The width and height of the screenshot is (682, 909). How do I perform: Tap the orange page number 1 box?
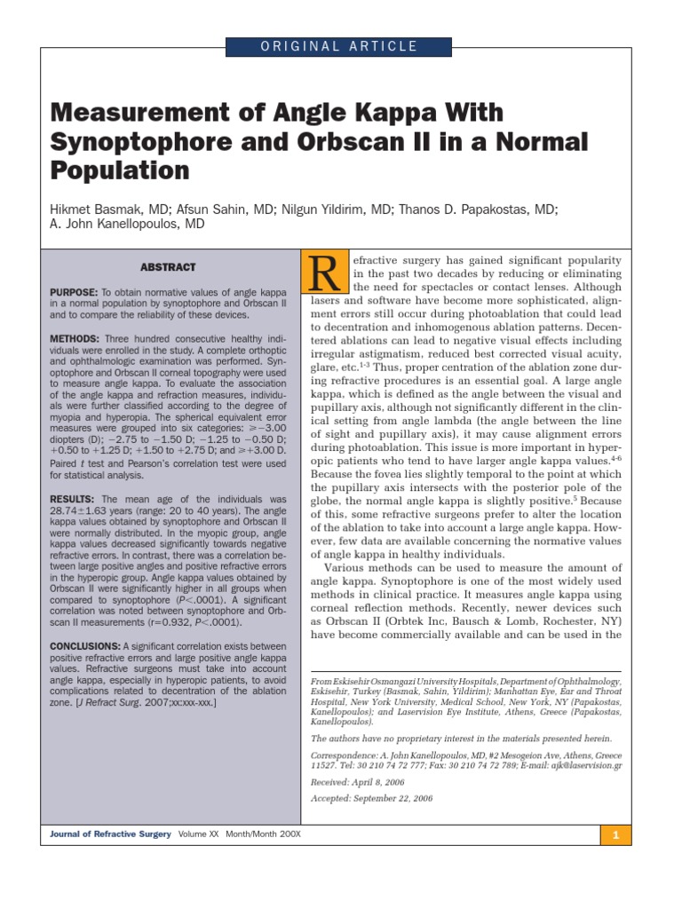coord(615,835)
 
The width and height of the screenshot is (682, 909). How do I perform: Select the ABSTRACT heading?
coord(168,267)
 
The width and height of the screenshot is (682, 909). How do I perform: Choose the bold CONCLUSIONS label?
coord(84,645)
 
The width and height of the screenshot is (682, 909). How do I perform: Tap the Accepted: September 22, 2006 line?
coord(371,799)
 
